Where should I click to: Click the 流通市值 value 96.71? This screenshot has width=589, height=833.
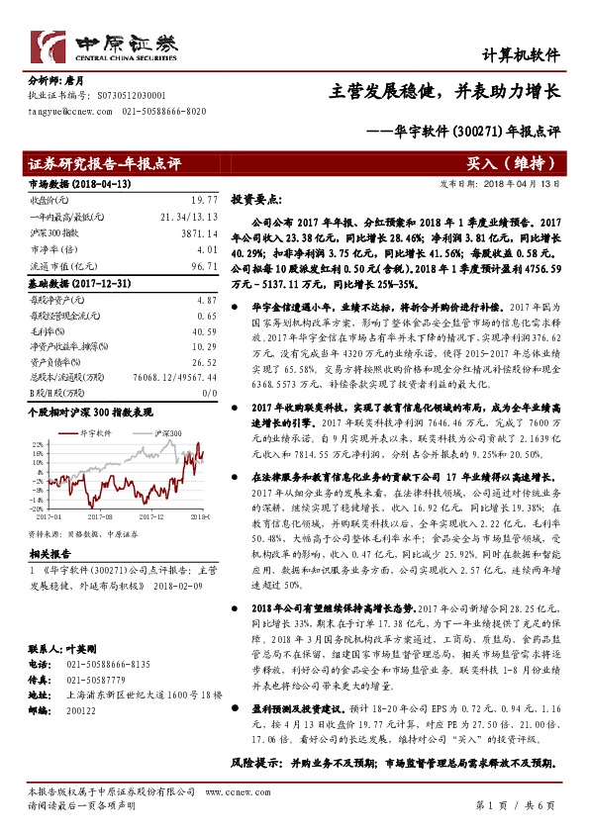204,266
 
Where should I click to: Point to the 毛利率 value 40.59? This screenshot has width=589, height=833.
204,331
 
